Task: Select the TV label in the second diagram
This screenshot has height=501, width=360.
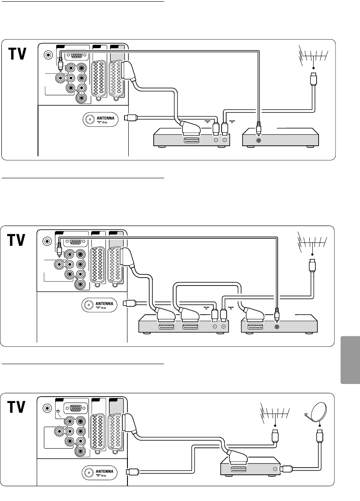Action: click(17, 241)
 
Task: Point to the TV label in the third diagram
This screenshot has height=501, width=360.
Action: click(17, 408)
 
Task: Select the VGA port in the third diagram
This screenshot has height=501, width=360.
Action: click(76, 408)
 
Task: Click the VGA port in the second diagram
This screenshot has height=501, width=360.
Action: click(76, 242)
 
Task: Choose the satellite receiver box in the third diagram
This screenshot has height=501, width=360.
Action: click(249, 468)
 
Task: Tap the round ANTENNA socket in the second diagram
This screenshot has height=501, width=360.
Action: click(89, 305)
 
